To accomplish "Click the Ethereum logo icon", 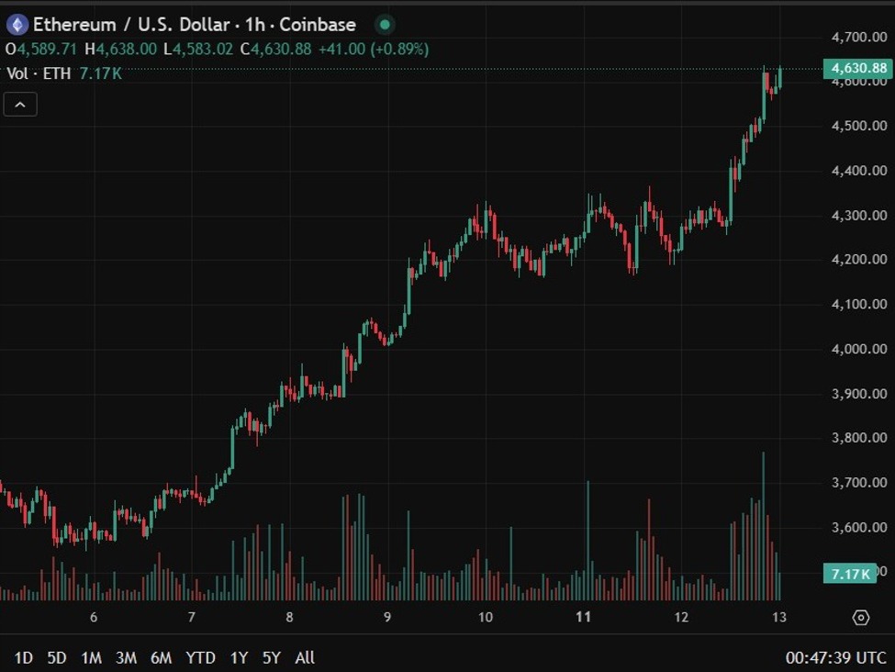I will pyautogui.click(x=17, y=25).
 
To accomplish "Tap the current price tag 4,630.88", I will pyautogui.click(x=858, y=68).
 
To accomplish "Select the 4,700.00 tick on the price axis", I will pyautogui.click(x=858, y=37).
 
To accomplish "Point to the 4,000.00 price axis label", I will pyautogui.click(x=858, y=349).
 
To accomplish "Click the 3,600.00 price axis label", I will pyautogui.click(x=858, y=527).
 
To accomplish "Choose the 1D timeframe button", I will pyautogui.click(x=24, y=657).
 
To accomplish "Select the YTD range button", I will pyautogui.click(x=200, y=657).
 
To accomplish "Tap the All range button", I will pyautogui.click(x=305, y=657).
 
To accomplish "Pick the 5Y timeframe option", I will pyautogui.click(x=271, y=657).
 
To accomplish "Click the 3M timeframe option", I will pyautogui.click(x=126, y=657).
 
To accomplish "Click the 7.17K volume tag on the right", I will pyautogui.click(x=850, y=574).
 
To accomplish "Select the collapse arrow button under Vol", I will pyautogui.click(x=20, y=105).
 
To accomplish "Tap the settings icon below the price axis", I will pyautogui.click(x=860, y=617).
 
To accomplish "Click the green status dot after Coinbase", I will pyautogui.click(x=386, y=25).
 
